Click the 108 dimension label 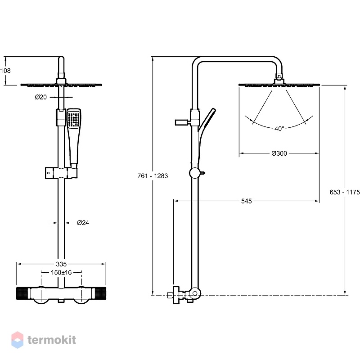pyautogui.click(x=5, y=71)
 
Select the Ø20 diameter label pyautogui.click(x=41, y=97)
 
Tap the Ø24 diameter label pyautogui.click(x=83, y=223)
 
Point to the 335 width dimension pyautogui.click(x=61, y=264)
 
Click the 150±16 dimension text pyautogui.click(x=61, y=273)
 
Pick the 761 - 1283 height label pyautogui.click(x=153, y=176)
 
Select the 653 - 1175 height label pyautogui.click(x=345, y=192)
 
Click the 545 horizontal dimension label pyautogui.click(x=247, y=201)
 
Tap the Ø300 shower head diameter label pyautogui.click(x=279, y=153)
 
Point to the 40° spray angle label pyautogui.click(x=279, y=129)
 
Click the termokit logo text pyautogui.click(x=52, y=340)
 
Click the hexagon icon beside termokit pyautogui.click(x=18, y=340)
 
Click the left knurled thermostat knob pyautogui.click(x=22, y=293)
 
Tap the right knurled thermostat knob pyautogui.click(x=100, y=293)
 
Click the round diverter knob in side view pyautogui.click(x=195, y=173)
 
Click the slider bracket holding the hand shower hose pyautogui.click(x=61, y=173)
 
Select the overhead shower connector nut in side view pyautogui.click(x=279, y=79)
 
